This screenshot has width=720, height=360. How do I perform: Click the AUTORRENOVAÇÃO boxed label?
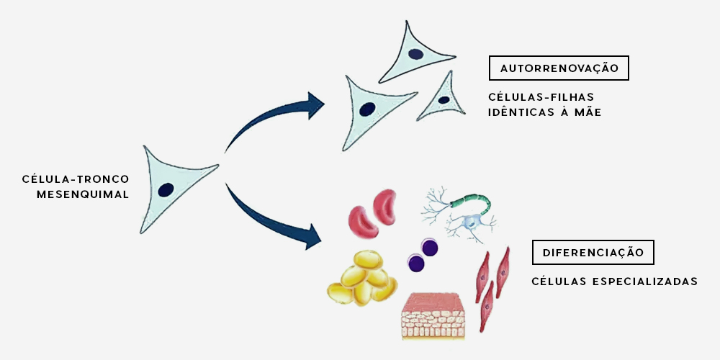coord(559,68)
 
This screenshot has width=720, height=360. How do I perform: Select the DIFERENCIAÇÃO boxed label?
coord(593,253)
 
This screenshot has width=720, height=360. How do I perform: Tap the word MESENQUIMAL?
coord(84,194)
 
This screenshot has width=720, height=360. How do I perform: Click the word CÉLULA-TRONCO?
coord(76,179)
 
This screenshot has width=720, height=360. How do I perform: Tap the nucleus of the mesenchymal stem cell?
coord(166,189)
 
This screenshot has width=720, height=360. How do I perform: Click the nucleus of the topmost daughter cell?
coord(415,53)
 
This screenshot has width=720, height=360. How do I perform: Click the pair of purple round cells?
coord(423,255)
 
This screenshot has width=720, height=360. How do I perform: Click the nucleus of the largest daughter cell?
coord(367,110)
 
